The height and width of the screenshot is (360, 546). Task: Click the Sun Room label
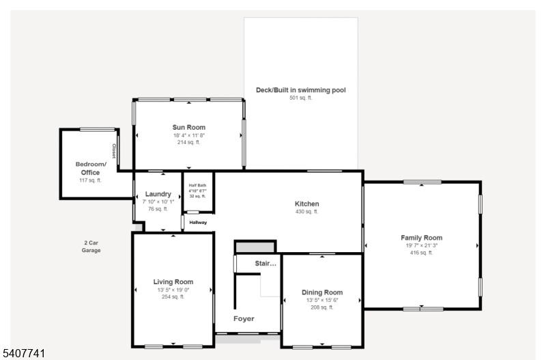pos(188,128)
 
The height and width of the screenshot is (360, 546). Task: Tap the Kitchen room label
pos(306,204)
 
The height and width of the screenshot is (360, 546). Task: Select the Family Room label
pos(421,238)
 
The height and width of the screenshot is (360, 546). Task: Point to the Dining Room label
pos(321,292)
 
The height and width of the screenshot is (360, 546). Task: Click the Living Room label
pos(173,281)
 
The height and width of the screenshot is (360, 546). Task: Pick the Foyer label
pos(244,319)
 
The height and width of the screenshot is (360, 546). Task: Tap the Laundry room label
pos(158,194)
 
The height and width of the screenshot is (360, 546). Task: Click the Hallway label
pos(197,222)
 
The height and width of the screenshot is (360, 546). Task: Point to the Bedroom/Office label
pos(91,168)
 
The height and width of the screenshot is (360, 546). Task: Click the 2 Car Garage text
pos(91,247)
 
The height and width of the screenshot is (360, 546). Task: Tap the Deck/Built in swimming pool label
pos(300,89)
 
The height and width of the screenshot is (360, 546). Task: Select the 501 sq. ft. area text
pos(300,98)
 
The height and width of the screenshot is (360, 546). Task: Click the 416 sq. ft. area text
pos(421,253)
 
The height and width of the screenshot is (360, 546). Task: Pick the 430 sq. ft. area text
pos(306,212)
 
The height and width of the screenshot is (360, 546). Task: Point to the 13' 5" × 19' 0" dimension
pos(173,289)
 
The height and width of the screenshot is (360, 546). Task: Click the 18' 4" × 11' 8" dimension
pos(188,135)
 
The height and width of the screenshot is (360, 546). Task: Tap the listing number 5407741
pos(23,353)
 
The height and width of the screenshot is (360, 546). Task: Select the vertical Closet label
pos(114,150)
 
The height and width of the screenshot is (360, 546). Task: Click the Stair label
pos(265,263)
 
